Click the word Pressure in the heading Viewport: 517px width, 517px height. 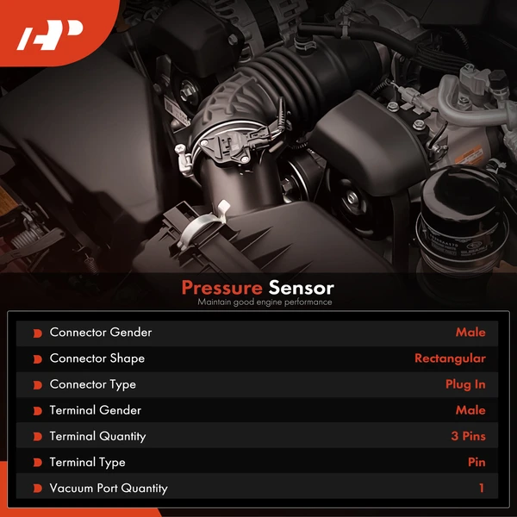(x=221, y=288)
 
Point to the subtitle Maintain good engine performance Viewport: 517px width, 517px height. (x=264, y=302)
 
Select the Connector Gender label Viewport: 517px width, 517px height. (x=100, y=333)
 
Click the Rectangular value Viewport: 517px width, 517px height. (x=450, y=358)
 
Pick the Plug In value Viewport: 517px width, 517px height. (x=465, y=384)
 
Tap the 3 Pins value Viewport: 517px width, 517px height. (x=468, y=436)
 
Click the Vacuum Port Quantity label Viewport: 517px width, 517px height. (x=109, y=488)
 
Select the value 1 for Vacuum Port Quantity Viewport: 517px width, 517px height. (x=482, y=488)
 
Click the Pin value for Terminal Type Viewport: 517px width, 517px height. (x=477, y=462)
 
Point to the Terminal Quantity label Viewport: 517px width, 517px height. (x=97, y=436)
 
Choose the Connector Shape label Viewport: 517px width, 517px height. (x=97, y=358)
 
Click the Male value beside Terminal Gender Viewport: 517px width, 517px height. (x=470, y=410)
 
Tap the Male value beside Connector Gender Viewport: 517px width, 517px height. (x=470, y=333)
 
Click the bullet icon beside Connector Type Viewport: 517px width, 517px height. (x=37, y=385)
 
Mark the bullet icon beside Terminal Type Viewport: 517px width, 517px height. (x=37, y=463)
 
